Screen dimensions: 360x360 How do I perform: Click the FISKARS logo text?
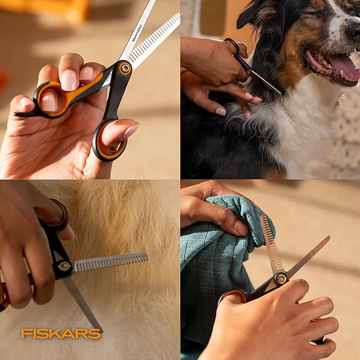coord(60,333)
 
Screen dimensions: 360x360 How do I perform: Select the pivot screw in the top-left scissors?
coord(125,68)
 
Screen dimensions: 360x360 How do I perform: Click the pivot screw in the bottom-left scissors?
coord(65,267)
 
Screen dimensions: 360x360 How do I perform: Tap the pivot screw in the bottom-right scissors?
coord(280,278)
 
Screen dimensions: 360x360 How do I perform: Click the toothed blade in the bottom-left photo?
coord(111,261)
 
